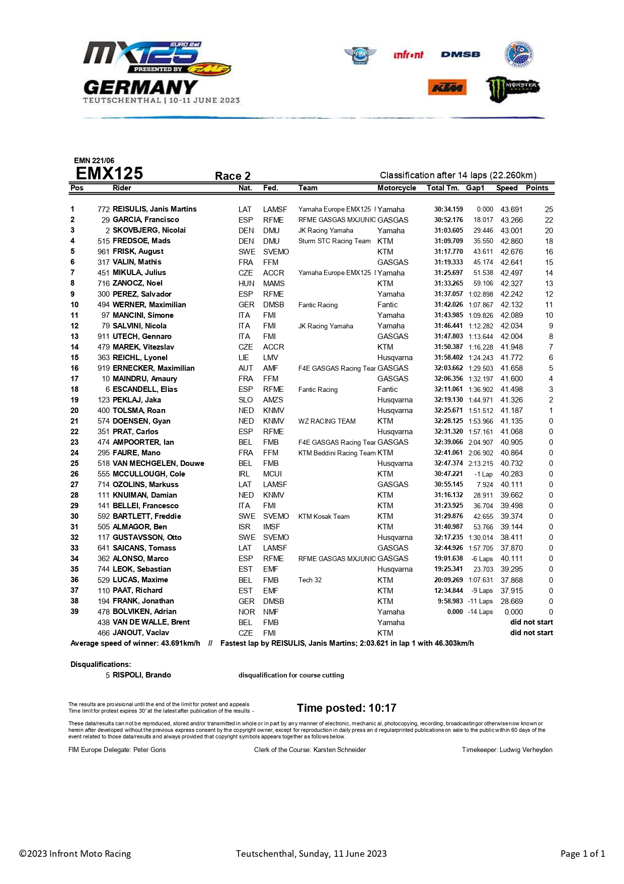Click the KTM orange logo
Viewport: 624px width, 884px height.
(447, 88)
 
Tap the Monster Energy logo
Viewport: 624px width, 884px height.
(512, 89)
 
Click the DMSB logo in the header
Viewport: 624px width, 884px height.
(460, 54)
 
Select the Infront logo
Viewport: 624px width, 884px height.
(408, 54)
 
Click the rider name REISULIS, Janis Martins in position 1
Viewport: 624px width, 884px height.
(154, 209)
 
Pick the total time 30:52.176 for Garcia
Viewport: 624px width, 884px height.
(448, 220)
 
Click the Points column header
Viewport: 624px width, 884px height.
(537, 188)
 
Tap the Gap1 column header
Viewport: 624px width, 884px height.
(475, 188)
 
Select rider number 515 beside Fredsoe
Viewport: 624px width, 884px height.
(104, 241)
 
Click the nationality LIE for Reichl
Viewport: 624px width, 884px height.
(244, 358)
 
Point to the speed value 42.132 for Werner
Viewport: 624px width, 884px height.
(511, 305)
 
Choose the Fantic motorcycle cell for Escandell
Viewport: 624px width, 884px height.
(387, 389)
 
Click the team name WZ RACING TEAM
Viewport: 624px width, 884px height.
(327, 421)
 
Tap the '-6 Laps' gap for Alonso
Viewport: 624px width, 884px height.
(482, 559)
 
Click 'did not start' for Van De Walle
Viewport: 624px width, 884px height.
(531, 622)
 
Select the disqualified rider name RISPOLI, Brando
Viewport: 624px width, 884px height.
(141, 675)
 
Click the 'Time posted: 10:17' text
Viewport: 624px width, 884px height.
(346, 708)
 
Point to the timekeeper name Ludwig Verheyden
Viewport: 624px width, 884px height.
(526, 750)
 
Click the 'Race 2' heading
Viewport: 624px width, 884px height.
(232, 176)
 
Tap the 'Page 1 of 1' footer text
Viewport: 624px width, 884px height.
(582, 854)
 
